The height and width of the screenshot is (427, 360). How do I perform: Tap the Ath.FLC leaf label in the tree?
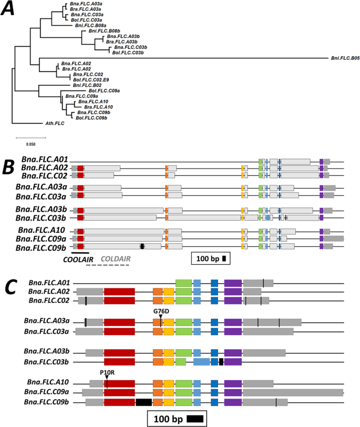point(55,124)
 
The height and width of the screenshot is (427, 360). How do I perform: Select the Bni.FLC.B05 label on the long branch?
point(345,57)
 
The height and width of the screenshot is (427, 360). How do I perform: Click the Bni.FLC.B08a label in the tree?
point(90,25)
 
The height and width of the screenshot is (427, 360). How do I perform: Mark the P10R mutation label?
point(106,371)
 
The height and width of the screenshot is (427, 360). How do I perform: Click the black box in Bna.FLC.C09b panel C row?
point(143,402)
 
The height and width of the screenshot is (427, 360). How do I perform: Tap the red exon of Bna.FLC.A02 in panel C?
point(119,291)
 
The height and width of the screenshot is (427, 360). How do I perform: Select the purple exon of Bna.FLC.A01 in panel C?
point(233,283)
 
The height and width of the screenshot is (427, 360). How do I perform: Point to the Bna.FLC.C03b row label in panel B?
point(42,218)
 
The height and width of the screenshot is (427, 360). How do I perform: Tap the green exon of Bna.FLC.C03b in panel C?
point(181,361)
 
